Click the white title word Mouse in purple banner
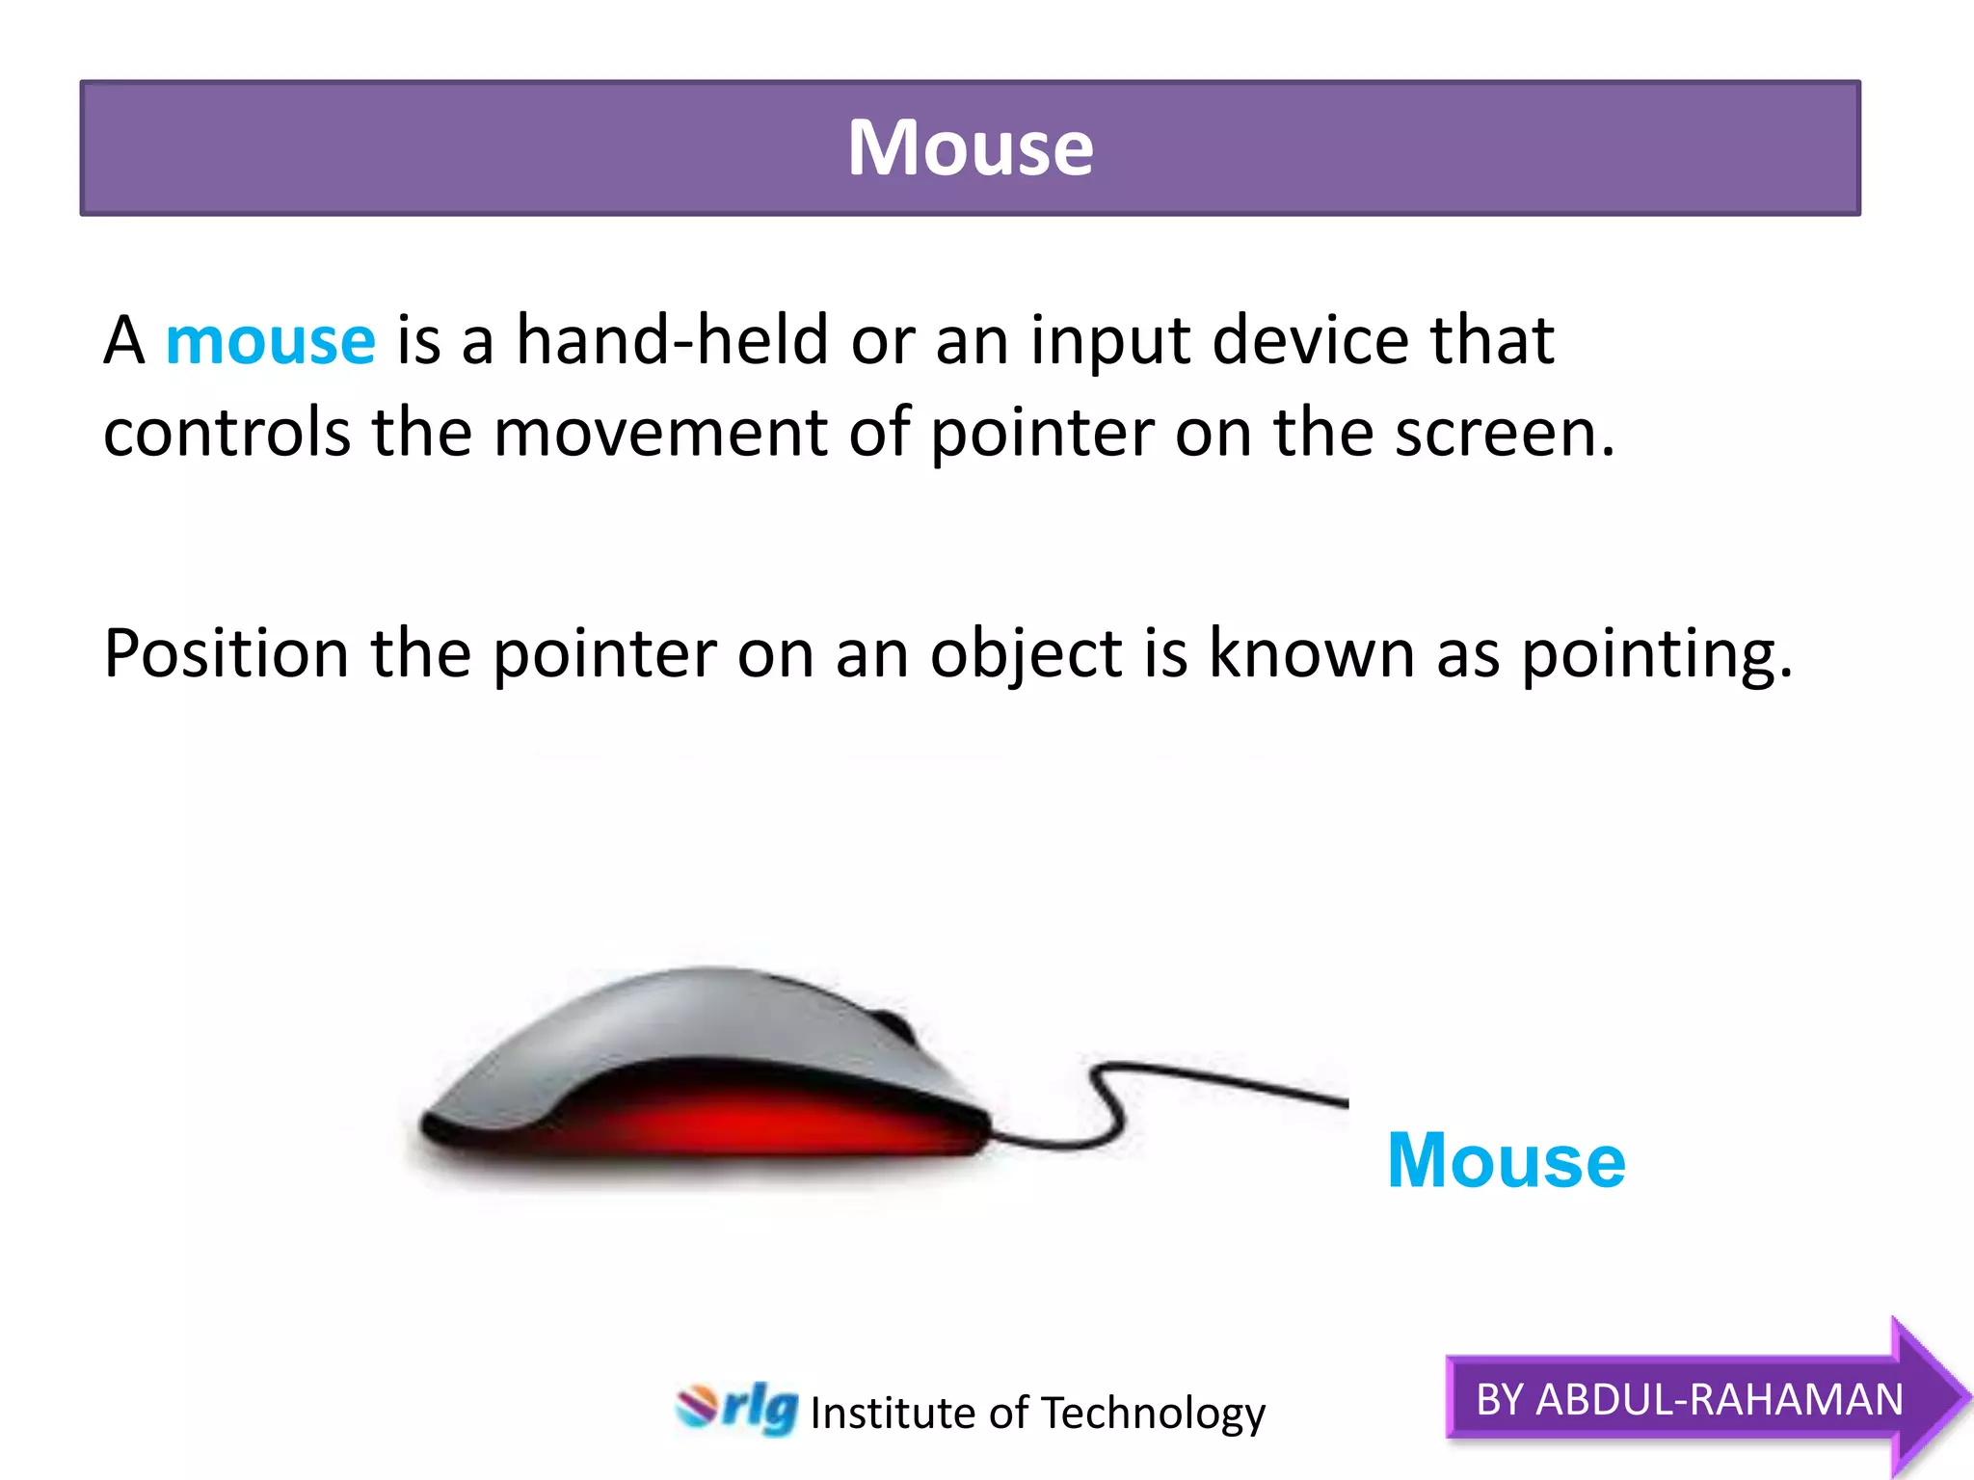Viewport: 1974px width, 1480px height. coord(970,148)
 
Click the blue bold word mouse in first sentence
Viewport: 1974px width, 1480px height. coord(270,341)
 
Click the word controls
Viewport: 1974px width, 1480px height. coord(227,433)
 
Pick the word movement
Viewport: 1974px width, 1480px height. coord(659,433)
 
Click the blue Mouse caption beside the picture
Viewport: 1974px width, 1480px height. coord(1506,1161)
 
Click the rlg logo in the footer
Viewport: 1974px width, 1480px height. coord(737,1409)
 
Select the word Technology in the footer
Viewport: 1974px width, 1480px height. coord(1153,1414)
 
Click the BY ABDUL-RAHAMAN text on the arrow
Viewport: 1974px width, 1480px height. coord(1689,1399)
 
